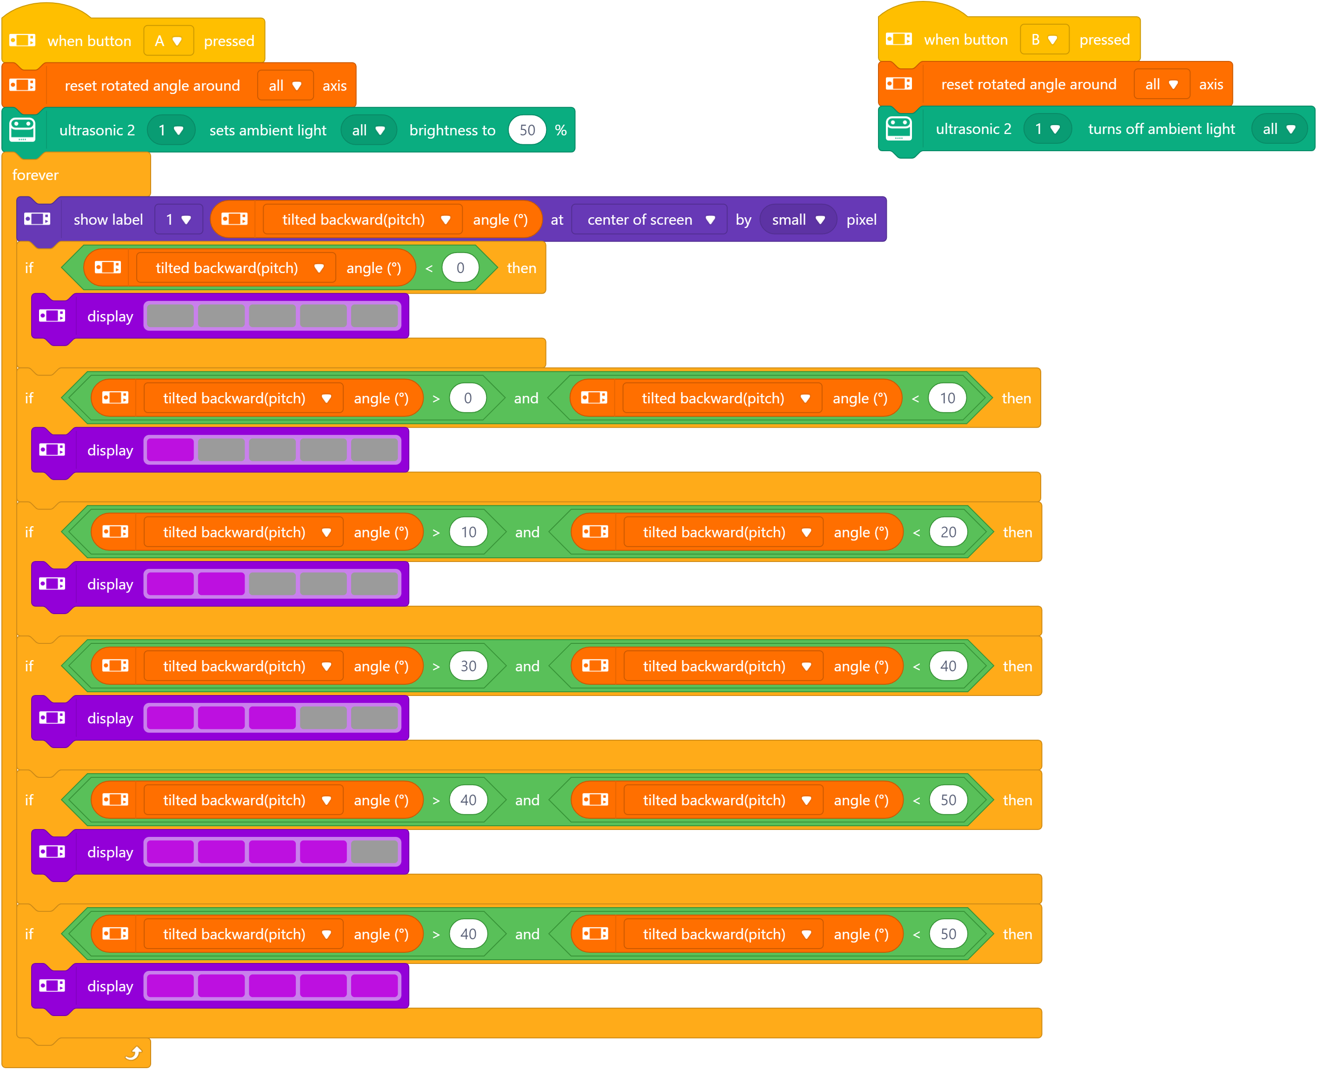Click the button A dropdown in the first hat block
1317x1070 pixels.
[x=168, y=40]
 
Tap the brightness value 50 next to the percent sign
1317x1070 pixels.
[x=527, y=130]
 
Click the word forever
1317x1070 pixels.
[x=35, y=175]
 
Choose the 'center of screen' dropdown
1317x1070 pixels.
[x=649, y=220]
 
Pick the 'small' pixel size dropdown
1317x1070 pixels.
[x=798, y=220]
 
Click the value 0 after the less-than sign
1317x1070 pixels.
[x=460, y=267]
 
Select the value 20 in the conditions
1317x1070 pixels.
[x=948, y=532]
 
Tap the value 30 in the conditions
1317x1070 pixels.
[x=468, y=666]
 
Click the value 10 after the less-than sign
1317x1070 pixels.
[x=947, y=398]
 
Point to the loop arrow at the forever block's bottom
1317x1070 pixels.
[x=133, y=1053]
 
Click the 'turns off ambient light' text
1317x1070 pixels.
[x=1161, y=129]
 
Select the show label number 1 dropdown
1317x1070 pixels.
[x=178, y=220]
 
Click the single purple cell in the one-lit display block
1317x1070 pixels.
[x=170, y=450]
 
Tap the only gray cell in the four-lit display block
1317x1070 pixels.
[x=374, y=852]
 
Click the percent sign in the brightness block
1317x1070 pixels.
[x=560, y=130]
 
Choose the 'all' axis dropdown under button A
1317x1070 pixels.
[x=285, y=85]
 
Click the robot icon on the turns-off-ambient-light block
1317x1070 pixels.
[x=899, y=128]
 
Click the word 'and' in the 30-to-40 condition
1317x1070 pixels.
[x=527, y=666]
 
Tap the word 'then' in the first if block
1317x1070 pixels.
[x=521, y=268]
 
